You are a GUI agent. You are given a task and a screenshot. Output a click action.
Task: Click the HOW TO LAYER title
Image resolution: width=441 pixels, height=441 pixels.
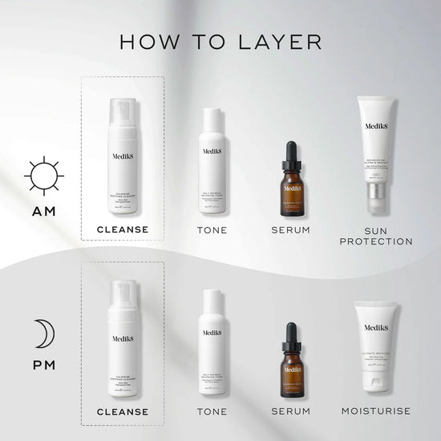[220, 41]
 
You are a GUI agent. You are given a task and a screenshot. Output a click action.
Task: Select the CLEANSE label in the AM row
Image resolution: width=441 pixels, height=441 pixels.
[122, 229]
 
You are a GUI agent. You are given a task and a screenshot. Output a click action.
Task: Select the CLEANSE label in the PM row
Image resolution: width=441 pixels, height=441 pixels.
[122, 411]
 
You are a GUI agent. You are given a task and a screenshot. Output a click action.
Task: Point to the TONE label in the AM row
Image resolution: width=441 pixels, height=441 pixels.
[212, 230]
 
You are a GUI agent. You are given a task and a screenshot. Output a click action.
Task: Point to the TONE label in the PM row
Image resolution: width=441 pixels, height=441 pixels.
[212, 411]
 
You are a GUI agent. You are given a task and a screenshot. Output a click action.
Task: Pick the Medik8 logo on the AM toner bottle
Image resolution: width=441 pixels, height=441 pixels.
[212, 151]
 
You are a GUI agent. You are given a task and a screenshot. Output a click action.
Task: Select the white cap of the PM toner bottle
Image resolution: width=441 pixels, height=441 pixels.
[212, 299]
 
